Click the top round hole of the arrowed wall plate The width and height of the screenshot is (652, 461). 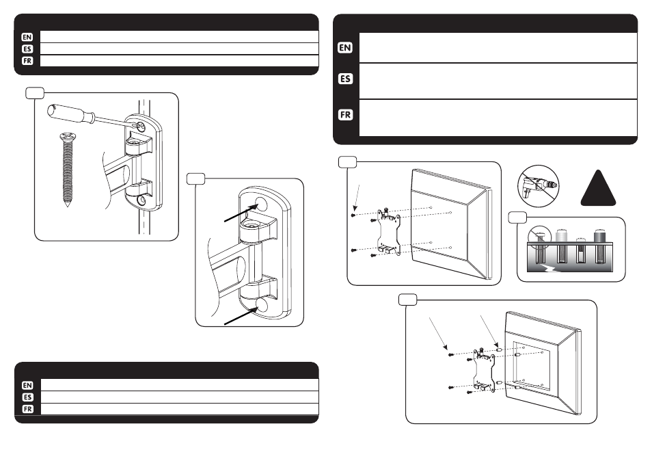click(x=260, y=203)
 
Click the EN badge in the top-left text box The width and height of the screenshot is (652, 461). click(x=27, y=37)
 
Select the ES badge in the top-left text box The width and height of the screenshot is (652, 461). click(x=27, y=49)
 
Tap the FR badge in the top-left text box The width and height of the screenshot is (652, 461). click(x=27, y=60)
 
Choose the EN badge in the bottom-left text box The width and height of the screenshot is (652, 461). click(x=27, y=385)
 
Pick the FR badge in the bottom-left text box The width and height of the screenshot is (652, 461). click(x=27, y=408)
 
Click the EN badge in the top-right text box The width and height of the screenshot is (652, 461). click(x=345, y=48)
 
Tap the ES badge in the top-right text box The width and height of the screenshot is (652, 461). click(x=345, y=79)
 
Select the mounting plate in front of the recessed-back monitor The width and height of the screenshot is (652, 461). click(x=485, y=369)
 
